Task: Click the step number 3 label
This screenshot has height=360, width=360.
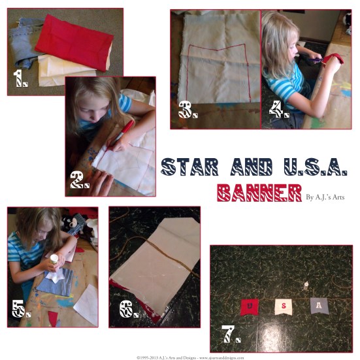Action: (x=188, y=111)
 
